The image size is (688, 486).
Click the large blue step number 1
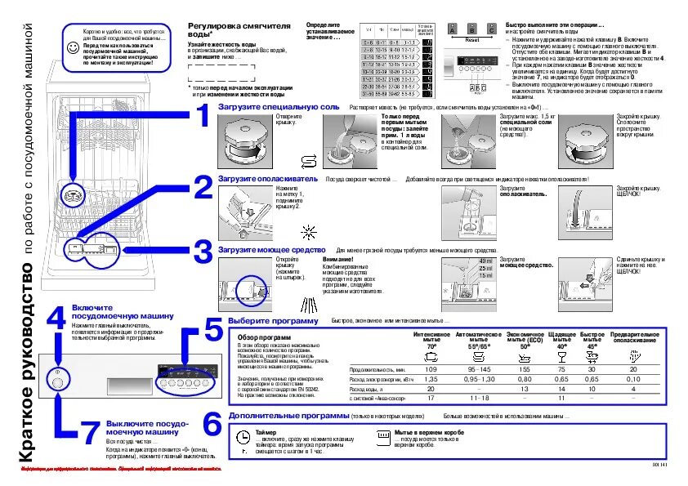pyautogui.click(x=199, y=118)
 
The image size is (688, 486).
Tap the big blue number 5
pyautogui.click(x=212, y=331)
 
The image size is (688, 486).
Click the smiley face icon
pyautogui.click(x=73, y=48)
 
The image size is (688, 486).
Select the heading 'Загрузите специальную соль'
pyautogui.click(x=278, y=107)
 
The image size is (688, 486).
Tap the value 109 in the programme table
pyautogui.click(x=431, y=370)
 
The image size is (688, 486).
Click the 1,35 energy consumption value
pyautogui.click(x=431, y=380)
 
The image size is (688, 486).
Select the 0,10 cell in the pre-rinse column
pyautogui.click(x=632, y=380)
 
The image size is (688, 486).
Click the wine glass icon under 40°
pyautogui.click(x=561, y=357)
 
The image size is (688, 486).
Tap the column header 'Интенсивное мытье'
pyautogui.click(x=431, y=337)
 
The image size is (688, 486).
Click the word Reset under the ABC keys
pyautogui.click(x=472, y=38)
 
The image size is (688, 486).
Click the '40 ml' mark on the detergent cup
pyautogui.click(x=485, y=260)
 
